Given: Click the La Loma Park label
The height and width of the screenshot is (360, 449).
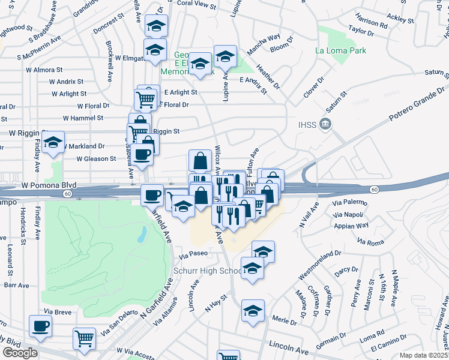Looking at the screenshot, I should (x=341, y=51).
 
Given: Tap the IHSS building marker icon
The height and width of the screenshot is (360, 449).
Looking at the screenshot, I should (x=326, y=125).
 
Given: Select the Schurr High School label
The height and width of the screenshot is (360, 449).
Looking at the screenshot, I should (x=208, y=271).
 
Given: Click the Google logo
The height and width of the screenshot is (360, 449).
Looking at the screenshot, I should (x=20, y=352).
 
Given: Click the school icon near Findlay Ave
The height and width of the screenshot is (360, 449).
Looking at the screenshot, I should (x=53, y=143).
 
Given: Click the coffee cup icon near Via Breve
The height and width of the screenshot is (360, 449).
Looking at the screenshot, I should (x=41, y=326).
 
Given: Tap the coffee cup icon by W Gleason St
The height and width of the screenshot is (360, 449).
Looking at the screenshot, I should (x=142, y=154).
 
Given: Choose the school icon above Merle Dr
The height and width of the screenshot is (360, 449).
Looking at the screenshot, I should (x=253, y=310).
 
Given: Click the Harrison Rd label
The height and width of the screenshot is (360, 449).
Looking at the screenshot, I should (x=371, y=24).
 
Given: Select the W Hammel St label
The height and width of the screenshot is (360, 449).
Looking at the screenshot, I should (x=83, y=118).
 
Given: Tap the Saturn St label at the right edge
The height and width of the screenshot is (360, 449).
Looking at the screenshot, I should (x=437, y=72).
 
